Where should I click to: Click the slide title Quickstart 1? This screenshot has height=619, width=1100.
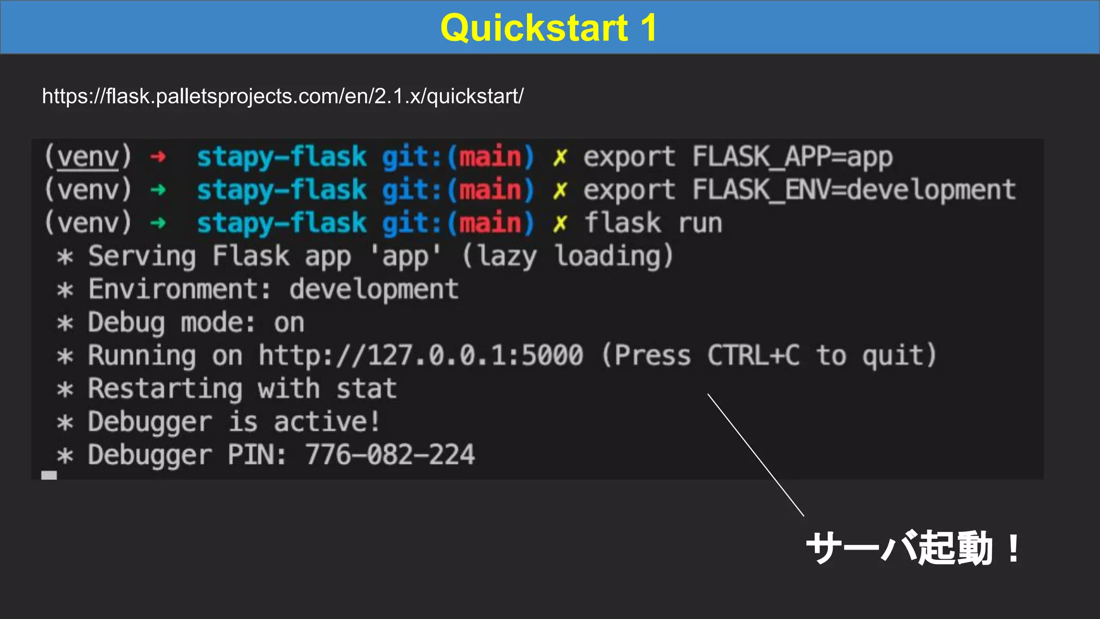[548, 28]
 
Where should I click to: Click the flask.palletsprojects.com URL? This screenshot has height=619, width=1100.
[283, 97]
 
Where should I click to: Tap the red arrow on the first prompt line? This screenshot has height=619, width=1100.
[158, 157]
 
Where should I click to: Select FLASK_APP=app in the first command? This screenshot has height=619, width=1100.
[792, 157]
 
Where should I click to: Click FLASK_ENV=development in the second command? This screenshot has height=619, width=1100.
[853, 190]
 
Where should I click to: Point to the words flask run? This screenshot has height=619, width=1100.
[653, 223]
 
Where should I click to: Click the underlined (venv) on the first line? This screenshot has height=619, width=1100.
[88, 157]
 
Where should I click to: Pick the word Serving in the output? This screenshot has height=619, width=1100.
[142, 256]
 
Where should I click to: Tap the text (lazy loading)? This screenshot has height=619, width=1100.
[567, 256]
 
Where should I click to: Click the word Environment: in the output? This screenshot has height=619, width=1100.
[180, 290]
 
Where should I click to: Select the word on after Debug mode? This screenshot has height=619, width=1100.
[289, 323]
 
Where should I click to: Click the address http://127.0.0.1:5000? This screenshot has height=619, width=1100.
[421, 356]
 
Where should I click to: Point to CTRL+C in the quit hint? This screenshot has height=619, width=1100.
[753, 356]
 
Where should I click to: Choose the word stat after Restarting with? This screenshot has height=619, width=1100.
[366, 389]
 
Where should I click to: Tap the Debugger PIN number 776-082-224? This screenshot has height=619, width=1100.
[390, 455]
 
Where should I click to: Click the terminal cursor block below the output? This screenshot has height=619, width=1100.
[49, 475]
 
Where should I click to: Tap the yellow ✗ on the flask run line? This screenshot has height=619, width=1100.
[560, 223]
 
